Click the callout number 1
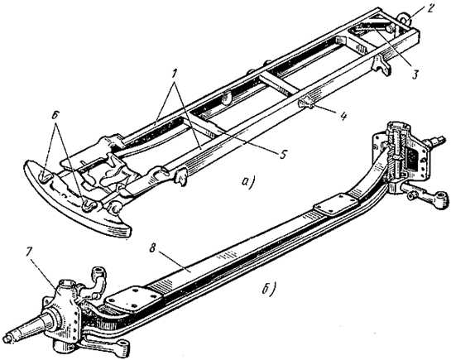pos(175,74)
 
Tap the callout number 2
pos(429,7)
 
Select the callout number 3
pos(415,74)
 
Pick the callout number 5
pos(282,155)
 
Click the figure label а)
pos(249,183)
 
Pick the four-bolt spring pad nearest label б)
pos(335,204)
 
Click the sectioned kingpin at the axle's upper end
pos(397,156)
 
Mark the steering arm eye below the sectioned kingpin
pos(441,199)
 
